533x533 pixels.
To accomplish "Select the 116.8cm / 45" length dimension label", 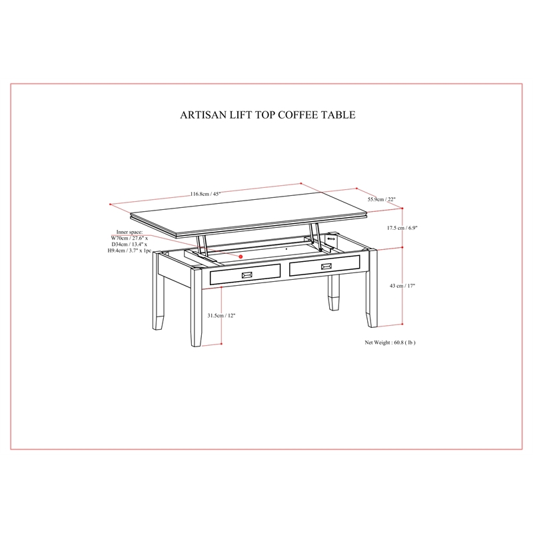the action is click(x=205, y=194).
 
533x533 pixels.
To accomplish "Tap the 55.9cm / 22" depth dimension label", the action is click(x=381, y=199).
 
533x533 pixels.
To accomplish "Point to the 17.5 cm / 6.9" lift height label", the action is click(x=402, y=228).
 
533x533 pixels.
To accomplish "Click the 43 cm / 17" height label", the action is click(x=402, y=286).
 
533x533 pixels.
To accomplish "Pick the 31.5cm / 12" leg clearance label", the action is click(x=221, y=315).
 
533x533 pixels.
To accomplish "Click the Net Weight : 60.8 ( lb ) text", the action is click(x=390, y=342).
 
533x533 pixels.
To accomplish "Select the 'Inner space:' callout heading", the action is click(x=129, y=232).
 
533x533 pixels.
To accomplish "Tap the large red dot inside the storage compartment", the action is click(x=241, y=257).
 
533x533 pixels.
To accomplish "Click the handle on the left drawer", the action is click(x=247, y=274).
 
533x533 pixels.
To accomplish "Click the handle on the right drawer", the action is click(x=327, y=266).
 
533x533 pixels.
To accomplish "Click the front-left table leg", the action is click(x=196, y=307).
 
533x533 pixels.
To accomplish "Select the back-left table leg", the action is click(x=157, y=290).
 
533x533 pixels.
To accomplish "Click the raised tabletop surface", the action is click(x=249, y=213).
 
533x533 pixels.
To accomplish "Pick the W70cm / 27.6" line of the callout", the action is click(x=129, y=239).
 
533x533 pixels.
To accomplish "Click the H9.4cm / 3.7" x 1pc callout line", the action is click(x=129, y=251).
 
